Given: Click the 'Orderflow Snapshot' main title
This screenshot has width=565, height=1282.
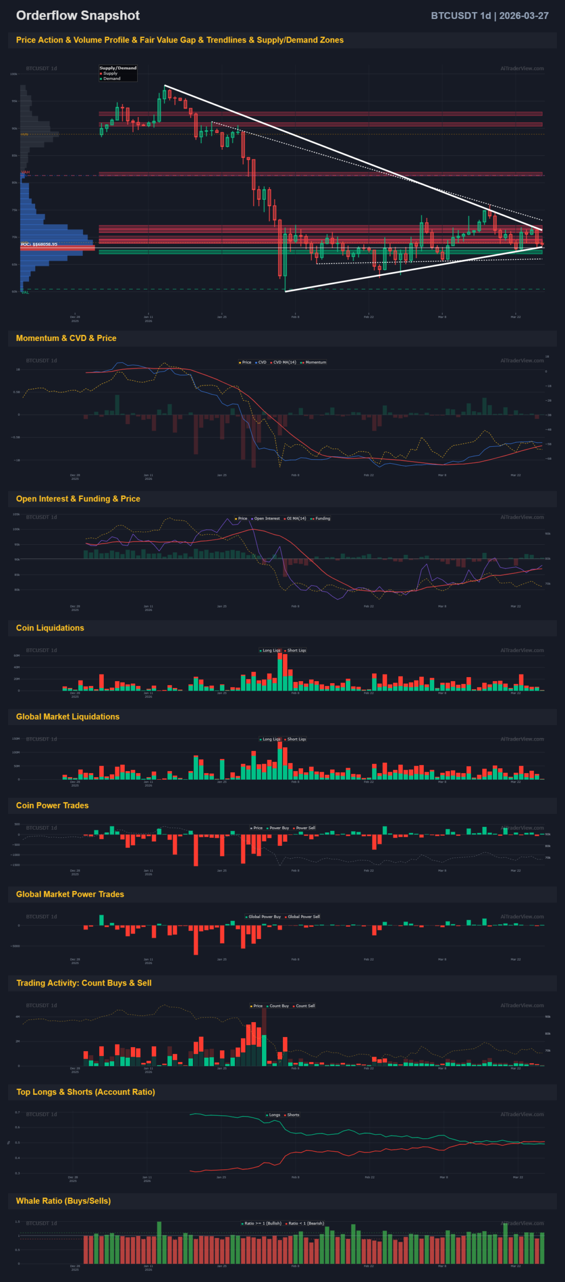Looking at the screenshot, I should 78,16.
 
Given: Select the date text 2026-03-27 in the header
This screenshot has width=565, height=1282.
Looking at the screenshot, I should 523,16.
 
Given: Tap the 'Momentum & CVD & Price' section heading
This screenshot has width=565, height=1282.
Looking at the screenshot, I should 66,338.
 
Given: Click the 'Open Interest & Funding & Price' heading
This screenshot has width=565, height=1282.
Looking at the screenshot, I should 78,499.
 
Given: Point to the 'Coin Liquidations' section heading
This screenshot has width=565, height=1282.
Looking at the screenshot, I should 50,628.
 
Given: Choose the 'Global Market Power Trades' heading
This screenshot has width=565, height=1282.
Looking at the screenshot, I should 70,894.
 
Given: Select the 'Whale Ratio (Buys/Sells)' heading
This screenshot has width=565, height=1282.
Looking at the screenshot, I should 64,1201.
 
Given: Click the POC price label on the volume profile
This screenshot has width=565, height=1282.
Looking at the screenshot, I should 39,244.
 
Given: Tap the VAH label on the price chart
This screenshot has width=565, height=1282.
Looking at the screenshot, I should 26,172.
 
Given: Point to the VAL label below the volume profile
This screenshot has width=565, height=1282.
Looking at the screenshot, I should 25,292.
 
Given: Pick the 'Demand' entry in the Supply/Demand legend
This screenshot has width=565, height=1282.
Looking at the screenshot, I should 112,79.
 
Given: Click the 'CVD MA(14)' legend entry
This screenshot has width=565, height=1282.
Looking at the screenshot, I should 285,362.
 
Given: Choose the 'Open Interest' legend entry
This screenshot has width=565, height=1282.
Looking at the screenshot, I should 267,518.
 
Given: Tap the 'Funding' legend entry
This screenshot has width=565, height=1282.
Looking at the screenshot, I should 323,518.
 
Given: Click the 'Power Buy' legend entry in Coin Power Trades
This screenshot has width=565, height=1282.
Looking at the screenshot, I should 279,828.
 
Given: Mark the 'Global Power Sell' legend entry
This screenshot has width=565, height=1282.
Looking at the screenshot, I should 304,916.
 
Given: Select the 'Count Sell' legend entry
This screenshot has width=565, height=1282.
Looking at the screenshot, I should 305,1006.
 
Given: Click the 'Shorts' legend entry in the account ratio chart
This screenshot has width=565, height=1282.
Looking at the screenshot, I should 293,1115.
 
